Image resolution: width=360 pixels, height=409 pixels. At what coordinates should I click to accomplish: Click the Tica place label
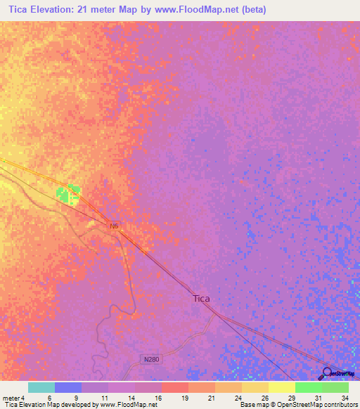[x=201, y=298]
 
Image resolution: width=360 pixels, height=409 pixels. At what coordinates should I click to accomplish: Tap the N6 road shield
[x=115, y=226]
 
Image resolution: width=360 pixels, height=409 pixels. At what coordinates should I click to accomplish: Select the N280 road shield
[x=146, y=358]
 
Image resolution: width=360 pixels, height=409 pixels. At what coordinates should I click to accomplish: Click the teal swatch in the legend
[x=41, y=387]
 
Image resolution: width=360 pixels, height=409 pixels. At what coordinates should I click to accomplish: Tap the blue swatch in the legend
[x=68, y=387]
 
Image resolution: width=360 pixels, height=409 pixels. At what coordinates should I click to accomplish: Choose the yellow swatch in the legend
[x=281, y=387]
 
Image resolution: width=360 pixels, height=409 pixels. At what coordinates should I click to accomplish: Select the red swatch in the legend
[x=174, y=387]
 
